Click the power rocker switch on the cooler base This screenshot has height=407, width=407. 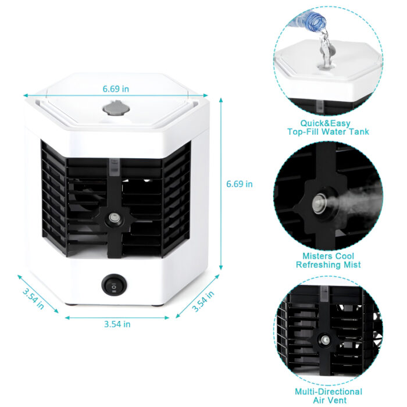tap(112, 285)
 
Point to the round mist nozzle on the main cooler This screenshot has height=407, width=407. tap(113, 220)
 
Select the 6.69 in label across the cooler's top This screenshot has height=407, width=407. tap(116, 89)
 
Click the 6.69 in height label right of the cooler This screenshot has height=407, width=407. tap(240, 184)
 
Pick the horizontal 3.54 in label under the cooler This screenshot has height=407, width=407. tap(117, 324)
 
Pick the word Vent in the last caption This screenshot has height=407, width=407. tap(340, 401)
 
